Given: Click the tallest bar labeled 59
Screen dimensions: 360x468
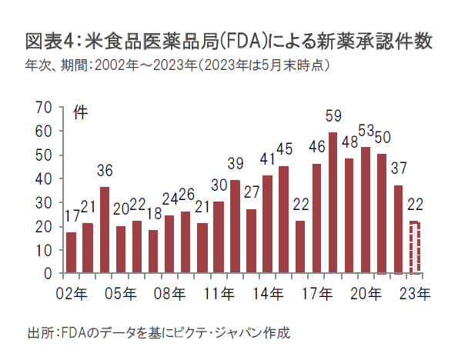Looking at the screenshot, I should coord(333,203).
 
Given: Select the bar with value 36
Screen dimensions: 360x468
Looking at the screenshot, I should coord(105,230).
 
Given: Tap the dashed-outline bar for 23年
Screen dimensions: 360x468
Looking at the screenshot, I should coord(415,247).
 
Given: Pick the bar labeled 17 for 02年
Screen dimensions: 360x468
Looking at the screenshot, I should coord(71,252).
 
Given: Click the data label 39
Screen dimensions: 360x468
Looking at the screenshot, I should coord(236,163).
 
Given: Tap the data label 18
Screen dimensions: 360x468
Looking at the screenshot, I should coord(153,214).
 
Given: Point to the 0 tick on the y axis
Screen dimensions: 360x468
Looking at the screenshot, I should coord(48,273).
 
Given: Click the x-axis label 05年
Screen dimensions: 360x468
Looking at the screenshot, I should coord(120,293).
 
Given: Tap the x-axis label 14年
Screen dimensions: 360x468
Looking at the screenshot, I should coord(268,293).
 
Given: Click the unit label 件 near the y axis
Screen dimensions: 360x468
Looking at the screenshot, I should coord(80,112).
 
